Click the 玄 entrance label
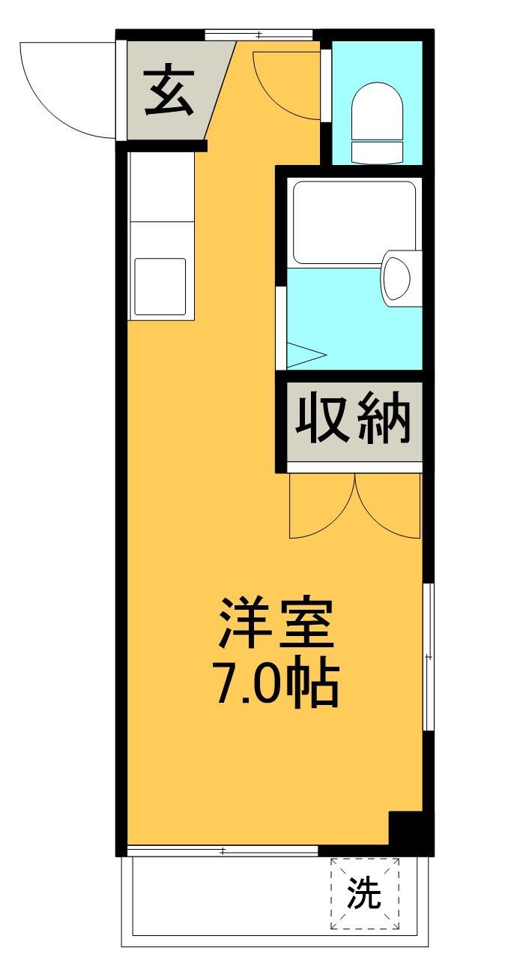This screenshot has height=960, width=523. (169, 91)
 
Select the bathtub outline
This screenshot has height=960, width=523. (354, 222)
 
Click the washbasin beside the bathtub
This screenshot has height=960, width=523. (397, 280)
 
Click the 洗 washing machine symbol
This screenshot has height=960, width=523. (364, 894)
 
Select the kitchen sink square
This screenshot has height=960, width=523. (160, 286)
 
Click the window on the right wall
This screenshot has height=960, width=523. (428, 656)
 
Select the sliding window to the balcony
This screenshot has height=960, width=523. (223, 850)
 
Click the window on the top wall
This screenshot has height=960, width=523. (259, 34)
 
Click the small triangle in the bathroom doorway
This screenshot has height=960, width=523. (303, 355)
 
